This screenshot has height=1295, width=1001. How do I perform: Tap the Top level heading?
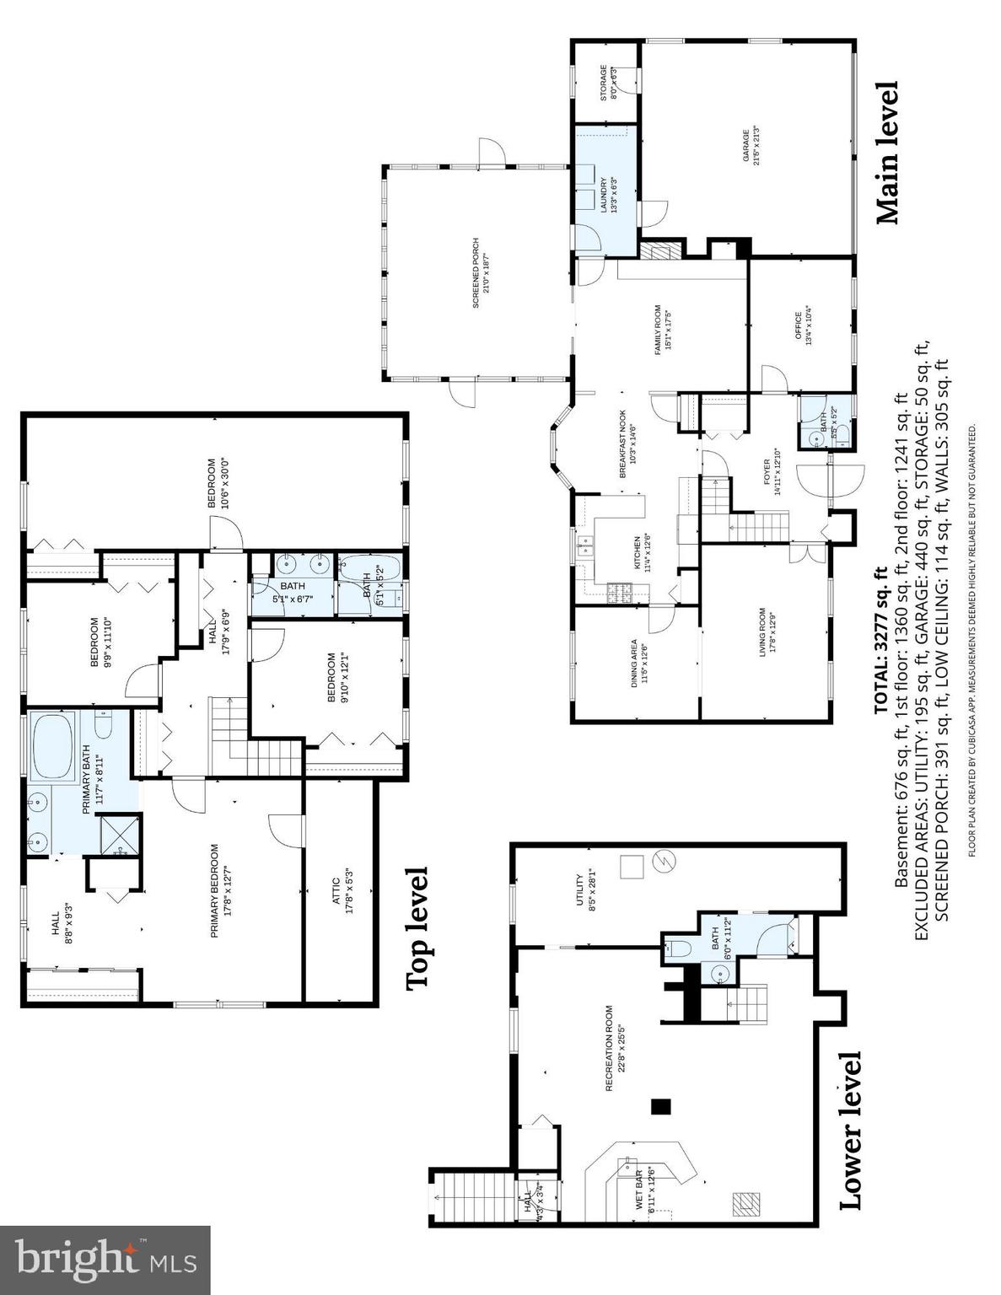[x=417, y=928]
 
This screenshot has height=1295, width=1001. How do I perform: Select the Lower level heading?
[x=851, y=1130]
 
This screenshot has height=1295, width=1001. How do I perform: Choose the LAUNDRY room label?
[x=609, y=195]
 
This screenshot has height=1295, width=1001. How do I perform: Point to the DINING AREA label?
[x=639, y=664]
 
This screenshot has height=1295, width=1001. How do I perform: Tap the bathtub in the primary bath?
[x=53, y=746]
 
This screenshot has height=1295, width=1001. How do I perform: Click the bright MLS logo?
[x=105, y=1260]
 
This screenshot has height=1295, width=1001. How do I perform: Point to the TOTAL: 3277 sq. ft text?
[x=880, y=640]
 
